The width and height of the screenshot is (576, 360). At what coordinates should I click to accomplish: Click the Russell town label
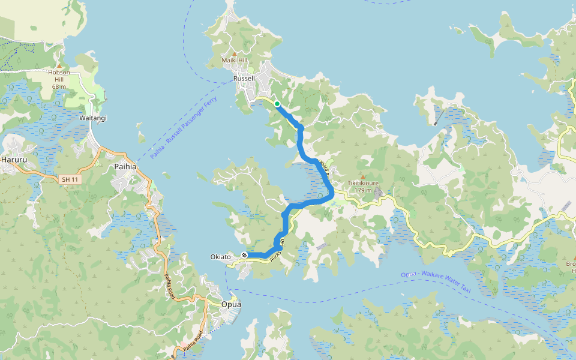pos(244,79)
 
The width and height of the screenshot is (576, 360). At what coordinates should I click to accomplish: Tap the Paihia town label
pos(127,167)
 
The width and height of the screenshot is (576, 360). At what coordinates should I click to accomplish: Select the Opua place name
pos(231,304)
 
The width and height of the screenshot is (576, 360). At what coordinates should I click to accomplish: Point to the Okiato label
pos(221,257)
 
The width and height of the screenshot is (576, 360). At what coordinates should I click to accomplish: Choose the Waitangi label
pos(93,118)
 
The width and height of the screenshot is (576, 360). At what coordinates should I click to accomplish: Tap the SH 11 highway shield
pos(70,179)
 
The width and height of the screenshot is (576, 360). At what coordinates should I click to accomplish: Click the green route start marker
pos(277,104)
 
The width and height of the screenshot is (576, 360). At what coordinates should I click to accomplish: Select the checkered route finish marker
pos(245,256)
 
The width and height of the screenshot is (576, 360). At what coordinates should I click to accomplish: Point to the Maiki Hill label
pos(234,61)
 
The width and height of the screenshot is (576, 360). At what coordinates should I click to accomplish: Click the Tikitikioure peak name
pos(362,184)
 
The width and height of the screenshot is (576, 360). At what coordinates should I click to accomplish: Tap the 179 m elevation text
pos(362,190)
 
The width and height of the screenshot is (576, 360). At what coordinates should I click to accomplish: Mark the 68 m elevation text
pos(59,86)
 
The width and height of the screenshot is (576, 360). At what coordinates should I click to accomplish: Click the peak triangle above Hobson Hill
pos(59,65)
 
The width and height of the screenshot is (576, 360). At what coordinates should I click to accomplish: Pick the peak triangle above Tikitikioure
pos(362,176)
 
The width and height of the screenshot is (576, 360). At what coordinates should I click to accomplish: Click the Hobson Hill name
pos(59,76)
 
